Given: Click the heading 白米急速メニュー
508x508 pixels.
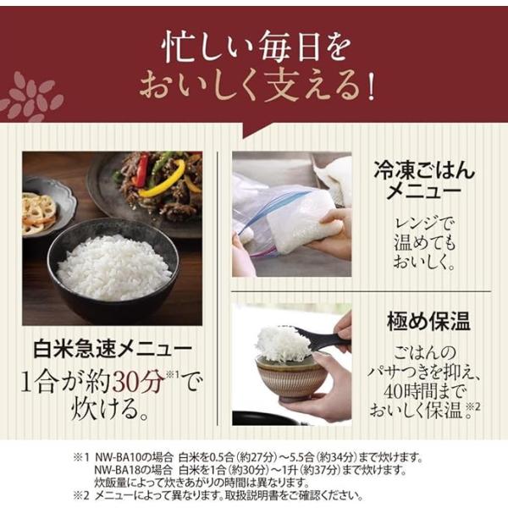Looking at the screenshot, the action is click(113, 349).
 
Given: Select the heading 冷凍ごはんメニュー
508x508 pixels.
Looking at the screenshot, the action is click(424, 180).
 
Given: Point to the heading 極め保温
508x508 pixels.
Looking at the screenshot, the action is click(428, 321).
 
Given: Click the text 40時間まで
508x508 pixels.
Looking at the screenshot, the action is click(424, 392).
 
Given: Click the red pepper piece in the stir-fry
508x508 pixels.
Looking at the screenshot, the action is click(142, 169).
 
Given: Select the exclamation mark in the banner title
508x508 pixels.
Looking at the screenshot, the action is click(371, 87).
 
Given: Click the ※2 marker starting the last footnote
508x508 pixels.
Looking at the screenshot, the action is click(80, 495).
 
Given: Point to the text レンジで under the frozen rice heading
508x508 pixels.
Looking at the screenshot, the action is click(424, 224).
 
